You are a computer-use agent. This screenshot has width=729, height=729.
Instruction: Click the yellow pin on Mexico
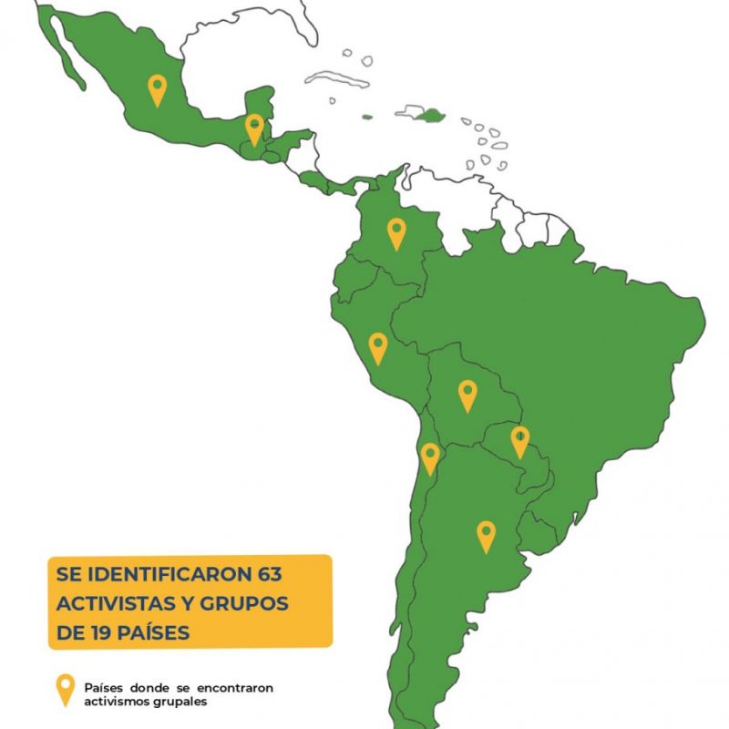click(158, 89)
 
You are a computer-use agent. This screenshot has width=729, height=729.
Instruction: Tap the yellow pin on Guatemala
click(254, 128)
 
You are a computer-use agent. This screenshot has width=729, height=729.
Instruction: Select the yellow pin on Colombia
click(396, 232)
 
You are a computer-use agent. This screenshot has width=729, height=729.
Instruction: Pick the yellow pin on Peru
click(377, 347)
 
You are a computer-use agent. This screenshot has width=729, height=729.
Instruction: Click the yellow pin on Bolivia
click(467, 395)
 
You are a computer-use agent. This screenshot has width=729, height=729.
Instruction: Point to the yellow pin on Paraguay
click(519, 440)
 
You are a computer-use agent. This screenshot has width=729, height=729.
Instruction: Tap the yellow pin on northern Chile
click(429, 457)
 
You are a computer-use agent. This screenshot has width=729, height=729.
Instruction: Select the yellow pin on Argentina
click(486, 535)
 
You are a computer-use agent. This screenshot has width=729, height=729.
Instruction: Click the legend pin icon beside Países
click(65, 690)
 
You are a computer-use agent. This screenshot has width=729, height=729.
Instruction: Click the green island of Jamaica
click(368, 117)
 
